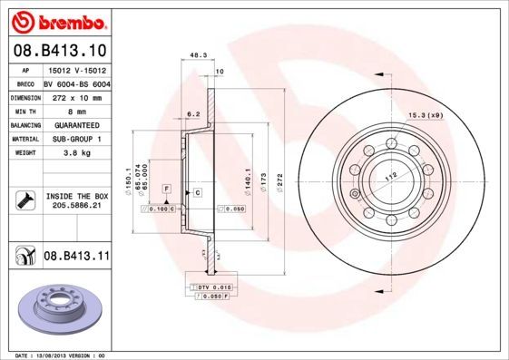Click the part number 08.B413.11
76,257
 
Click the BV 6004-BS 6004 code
76,82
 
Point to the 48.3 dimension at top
197,55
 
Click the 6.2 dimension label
192,114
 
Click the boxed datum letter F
167,187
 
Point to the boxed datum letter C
196,194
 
